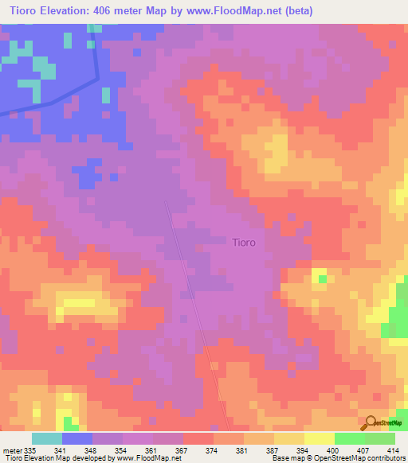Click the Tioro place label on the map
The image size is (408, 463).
coord(243,242)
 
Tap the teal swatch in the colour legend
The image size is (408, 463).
coord(47,438)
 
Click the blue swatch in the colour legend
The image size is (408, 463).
coord(77,438)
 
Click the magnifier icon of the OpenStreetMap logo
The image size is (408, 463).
coord(370,422)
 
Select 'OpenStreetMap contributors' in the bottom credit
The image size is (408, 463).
coord(359,458)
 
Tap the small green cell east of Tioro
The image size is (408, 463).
coord(320,277)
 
